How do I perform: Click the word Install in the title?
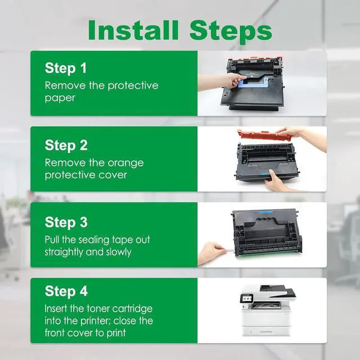(x=133, y=30)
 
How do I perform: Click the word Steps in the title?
(x=231, y=32)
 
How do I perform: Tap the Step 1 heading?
(x=66, y=68)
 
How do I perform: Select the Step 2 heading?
(x=66, y=145)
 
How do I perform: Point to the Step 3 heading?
(x=66, y=222)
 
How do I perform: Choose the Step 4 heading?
(x=66, y=291)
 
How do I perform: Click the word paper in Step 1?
(x=60, y=98)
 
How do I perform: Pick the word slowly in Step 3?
(x=119, y=252)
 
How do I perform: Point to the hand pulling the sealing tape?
(x=211, y=253)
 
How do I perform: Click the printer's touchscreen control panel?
(x=246, y=298)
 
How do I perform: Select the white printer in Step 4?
(x=268, y=310)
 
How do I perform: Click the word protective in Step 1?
(x=133, y=86)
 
